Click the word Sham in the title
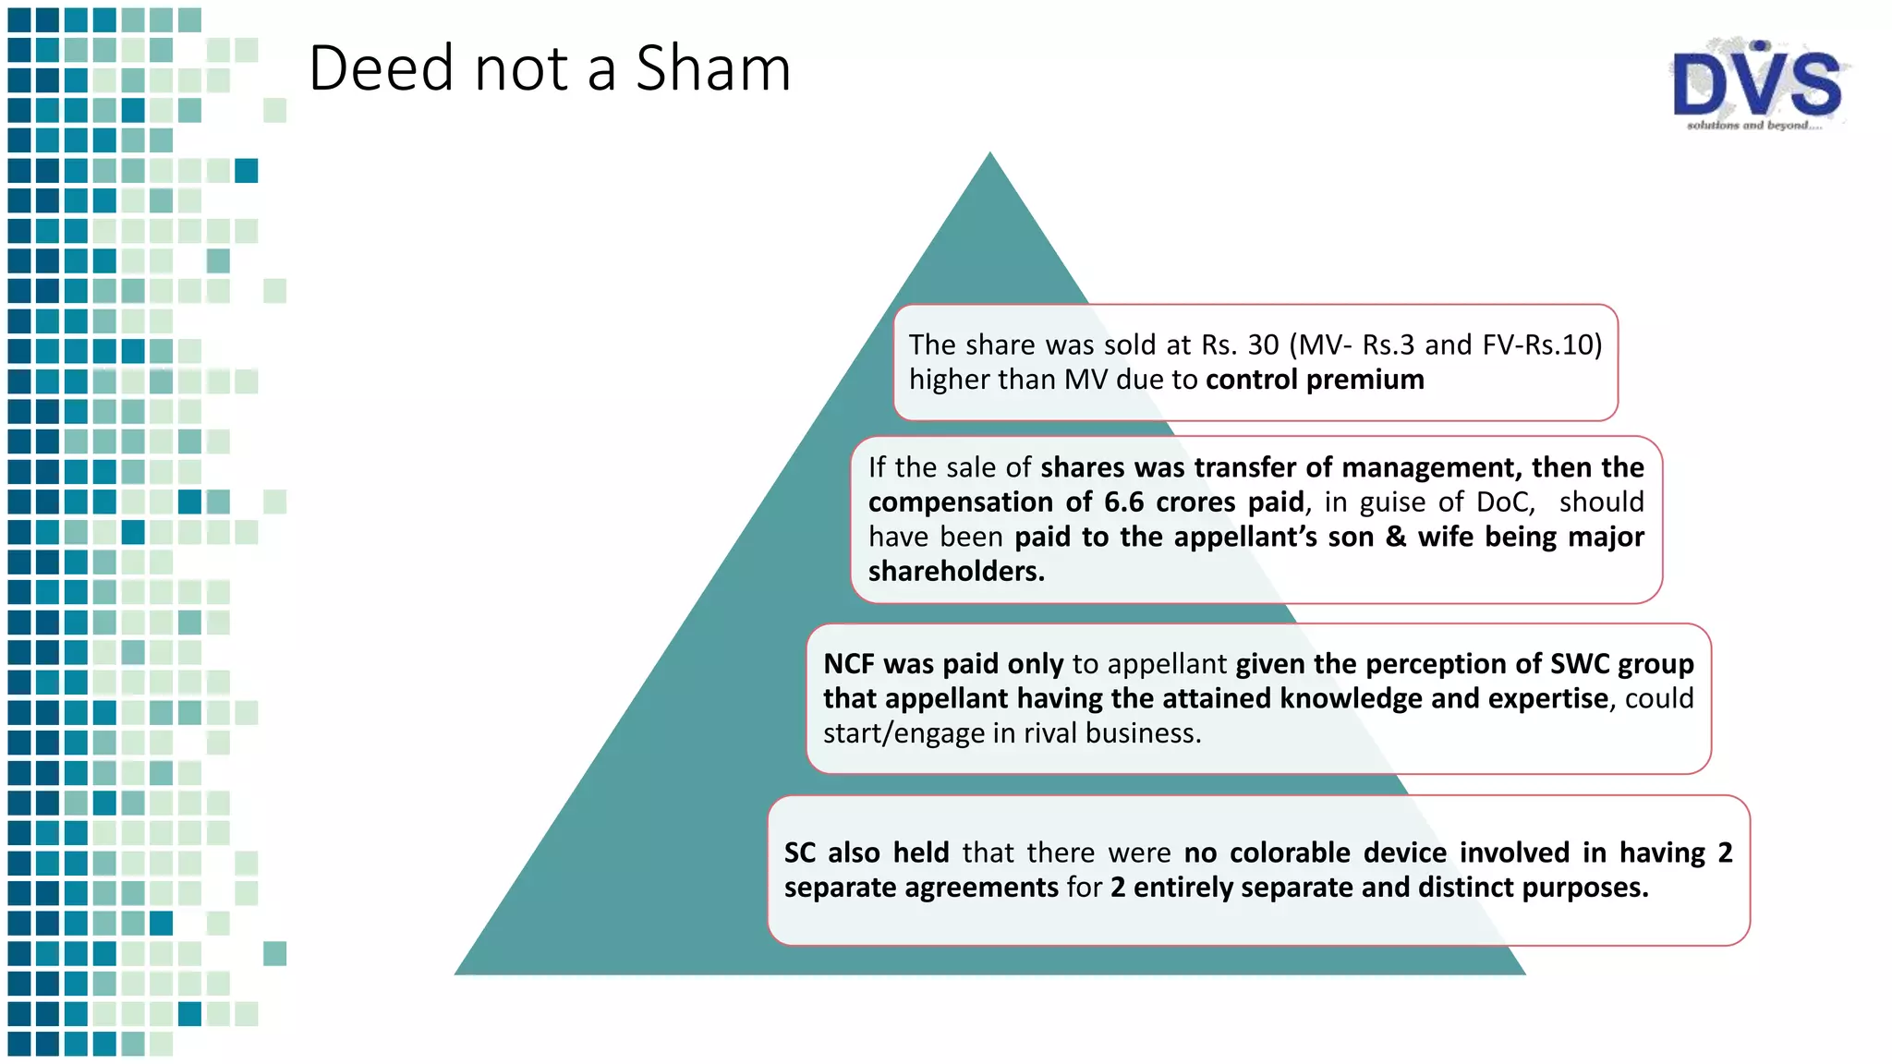713,68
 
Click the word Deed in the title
382,68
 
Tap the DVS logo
1757,83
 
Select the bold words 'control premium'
1315,380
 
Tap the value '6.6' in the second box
1125,502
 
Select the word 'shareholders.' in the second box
956,571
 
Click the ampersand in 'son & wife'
1396,537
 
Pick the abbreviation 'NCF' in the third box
849,663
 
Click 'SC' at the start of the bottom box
800,852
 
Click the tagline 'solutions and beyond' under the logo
1753,126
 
